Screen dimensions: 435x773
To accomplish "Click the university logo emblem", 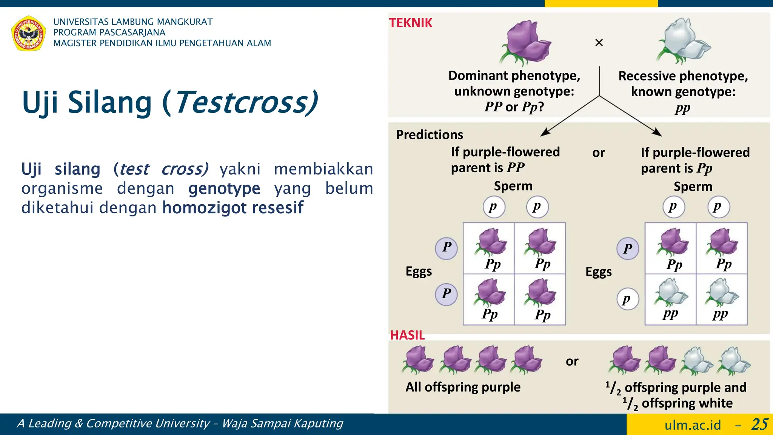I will [29, 33].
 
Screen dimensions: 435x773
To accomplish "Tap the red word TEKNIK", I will [411, 23].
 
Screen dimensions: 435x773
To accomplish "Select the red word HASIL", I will [407, 335].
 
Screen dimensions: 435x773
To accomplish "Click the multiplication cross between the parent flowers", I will [599, 43].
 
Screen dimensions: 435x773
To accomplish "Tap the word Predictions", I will [430, 135].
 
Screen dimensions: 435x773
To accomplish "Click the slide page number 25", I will [759, 424].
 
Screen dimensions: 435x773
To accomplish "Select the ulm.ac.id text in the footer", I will [693, 425].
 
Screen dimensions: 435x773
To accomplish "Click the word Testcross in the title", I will [245, 103].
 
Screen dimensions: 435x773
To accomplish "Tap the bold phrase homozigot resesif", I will [233, 208].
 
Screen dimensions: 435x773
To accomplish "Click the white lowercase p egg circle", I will [627, 299].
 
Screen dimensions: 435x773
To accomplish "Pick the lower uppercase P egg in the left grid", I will [447, 294].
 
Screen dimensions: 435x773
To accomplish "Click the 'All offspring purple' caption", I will [463, 387].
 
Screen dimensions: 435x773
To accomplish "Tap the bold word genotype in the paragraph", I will [224, 188].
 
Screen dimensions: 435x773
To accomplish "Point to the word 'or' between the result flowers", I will [572, 361].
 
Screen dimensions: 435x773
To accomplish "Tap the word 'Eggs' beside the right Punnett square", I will [599, 272].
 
